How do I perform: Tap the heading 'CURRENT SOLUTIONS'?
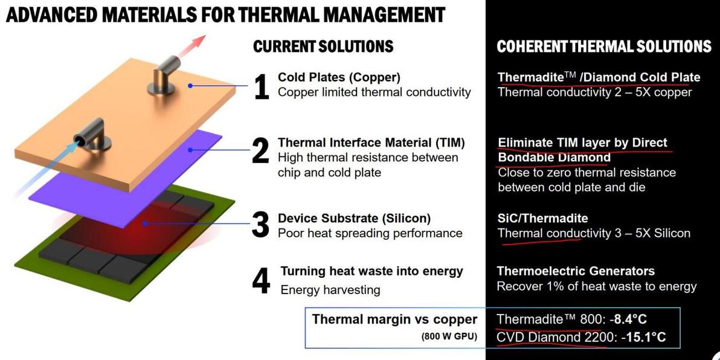pyautogui.click(x=323, y=46)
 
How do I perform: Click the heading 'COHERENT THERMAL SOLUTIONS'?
pyautogui.click(x=604, y=46)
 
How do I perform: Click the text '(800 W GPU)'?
pyautogui.click(x=449, y=336)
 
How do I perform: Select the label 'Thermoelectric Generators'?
pyautogui.click(x=576, y=271)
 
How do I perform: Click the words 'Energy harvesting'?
pyautogui.click(x=330, y=290)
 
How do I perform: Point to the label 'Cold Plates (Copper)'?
pyautogui.click(x=339, y=77)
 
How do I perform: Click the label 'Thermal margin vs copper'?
pyautogui.click(x=395, y=319)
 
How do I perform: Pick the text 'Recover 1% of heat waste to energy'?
pyautogui.click(x=597, y=286)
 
